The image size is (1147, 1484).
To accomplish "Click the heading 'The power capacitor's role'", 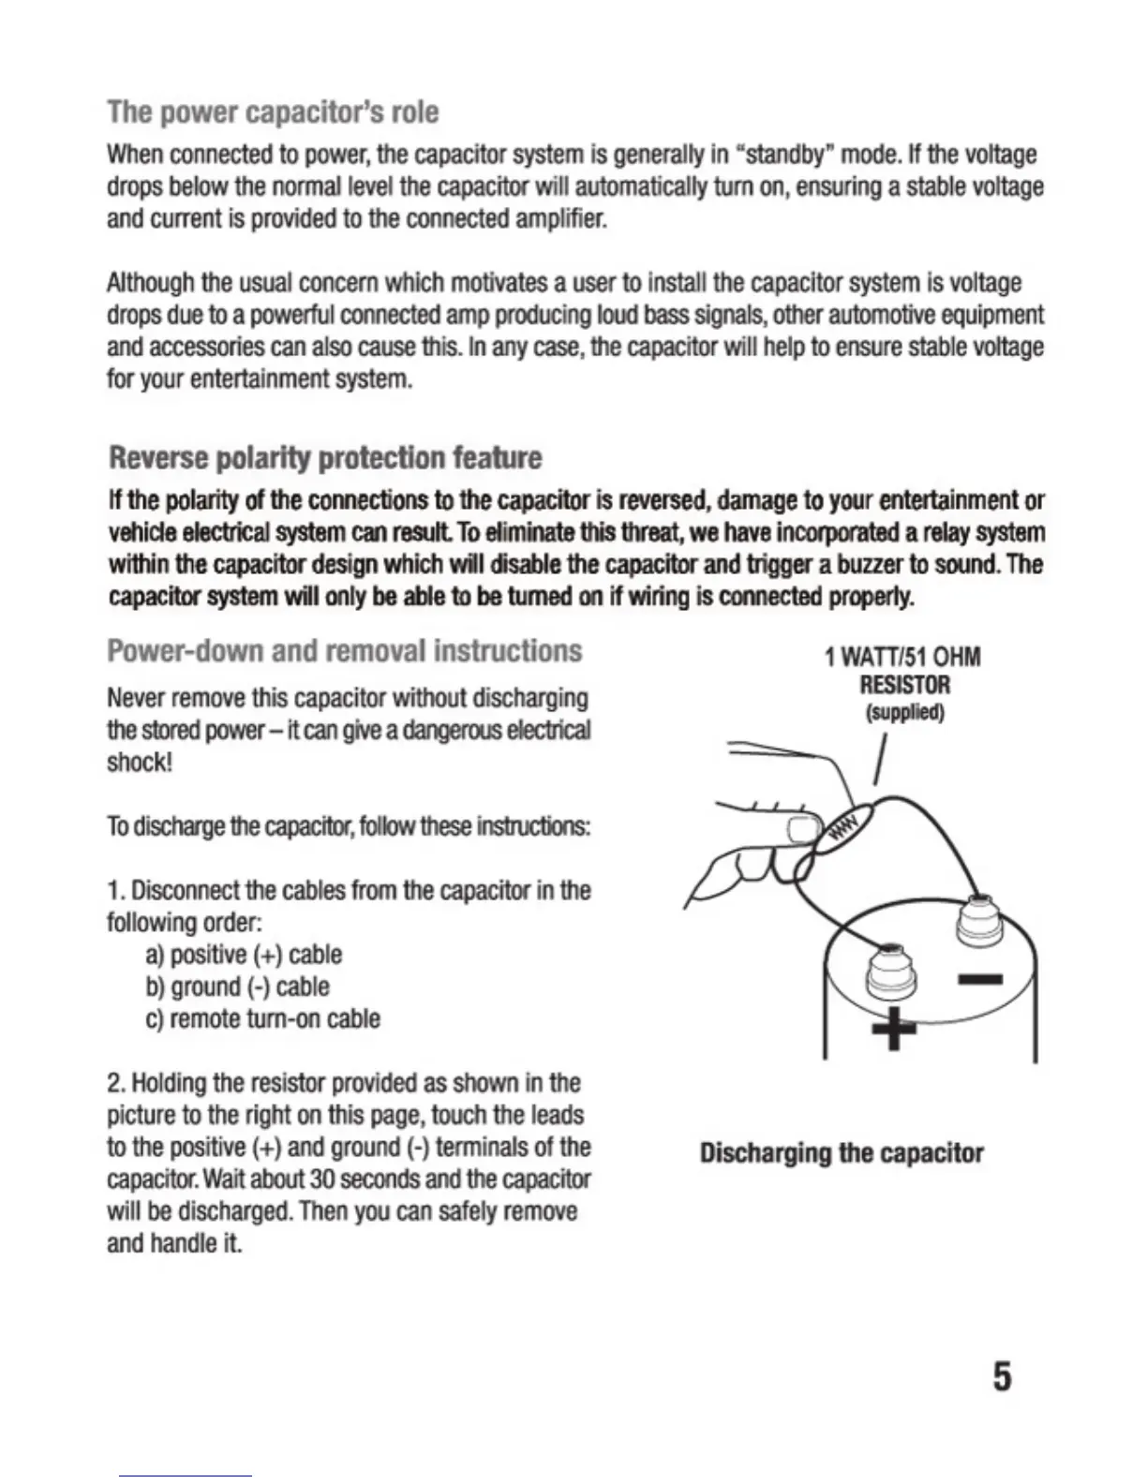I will [273, 112].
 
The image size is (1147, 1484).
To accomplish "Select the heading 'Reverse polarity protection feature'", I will [325, 458].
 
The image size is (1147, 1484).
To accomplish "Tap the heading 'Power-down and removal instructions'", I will [344, 650].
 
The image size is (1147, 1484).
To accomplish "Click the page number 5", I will [1002, 1376].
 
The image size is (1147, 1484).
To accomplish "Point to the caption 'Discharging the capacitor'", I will [841, 1152].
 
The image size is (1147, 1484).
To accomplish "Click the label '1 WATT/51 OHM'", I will [901, 657].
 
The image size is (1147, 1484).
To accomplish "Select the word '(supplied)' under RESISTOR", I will [903, 713].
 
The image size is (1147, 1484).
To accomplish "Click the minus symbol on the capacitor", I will [980, 980].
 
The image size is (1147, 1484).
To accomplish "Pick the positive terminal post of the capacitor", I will [890, 974].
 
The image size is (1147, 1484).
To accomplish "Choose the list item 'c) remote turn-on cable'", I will [262, 1018].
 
